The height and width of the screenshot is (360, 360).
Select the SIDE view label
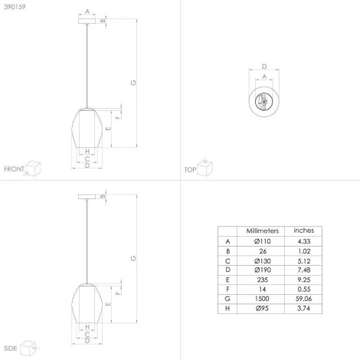tap(10, 347)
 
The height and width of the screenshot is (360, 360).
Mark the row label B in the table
tap(227, 252)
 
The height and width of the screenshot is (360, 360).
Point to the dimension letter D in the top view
tap(264, 67)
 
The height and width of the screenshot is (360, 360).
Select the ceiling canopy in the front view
tap(87, 21)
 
